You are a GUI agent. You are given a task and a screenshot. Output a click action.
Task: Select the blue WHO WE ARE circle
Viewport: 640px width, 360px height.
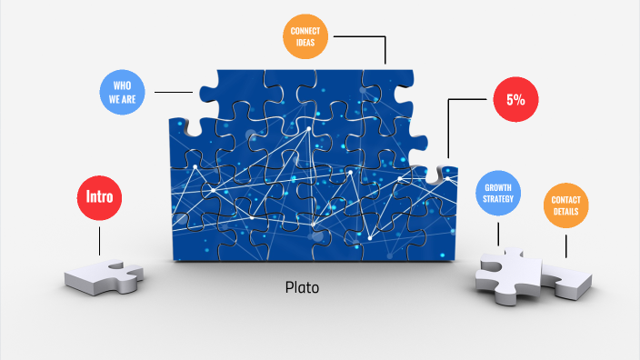(x=124, y=92)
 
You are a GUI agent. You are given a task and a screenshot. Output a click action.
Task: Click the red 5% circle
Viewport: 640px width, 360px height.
(x=515, y=100)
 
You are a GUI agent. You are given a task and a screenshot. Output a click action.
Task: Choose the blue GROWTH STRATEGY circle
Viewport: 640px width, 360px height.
(x=498, y=191)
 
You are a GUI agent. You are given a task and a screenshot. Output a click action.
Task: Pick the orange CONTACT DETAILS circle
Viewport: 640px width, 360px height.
(x=565, y=205)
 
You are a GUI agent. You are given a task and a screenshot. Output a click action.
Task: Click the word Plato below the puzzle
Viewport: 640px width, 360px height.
(x=302, y=287)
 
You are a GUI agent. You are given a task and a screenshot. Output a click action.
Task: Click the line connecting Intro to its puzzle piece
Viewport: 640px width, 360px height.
(x=99, y=239)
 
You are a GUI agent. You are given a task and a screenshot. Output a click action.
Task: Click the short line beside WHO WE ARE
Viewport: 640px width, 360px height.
(x=173, y=92)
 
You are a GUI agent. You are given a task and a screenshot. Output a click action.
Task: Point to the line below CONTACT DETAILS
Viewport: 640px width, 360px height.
(x=565, y=244)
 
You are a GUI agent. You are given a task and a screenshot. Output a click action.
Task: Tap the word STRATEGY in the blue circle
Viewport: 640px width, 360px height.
(x=498, y=197)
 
